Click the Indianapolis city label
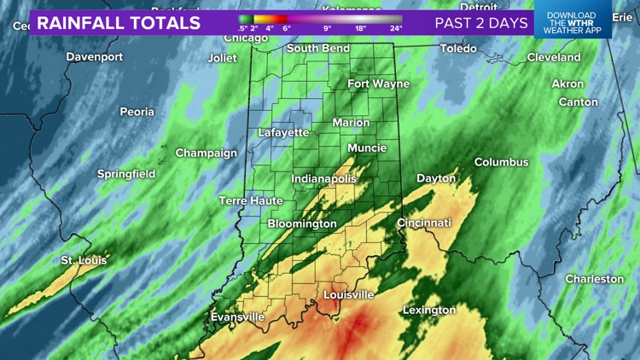[323, 179]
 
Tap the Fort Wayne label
[378, 84]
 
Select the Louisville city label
[348, 294]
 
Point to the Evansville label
[237, 317]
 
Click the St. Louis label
[84, 260]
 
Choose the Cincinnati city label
[424, 223]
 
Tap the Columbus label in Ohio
[501, 162]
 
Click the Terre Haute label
[251, 201]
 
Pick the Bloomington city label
[302, 224]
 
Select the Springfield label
[126, 174]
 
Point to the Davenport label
[95, 57]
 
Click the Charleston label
[595, 279]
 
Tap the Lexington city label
[429, 310]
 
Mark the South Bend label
[317, 49]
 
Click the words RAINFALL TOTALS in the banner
[119, 23]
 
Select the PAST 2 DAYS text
[481, 23]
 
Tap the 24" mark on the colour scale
[395, 28]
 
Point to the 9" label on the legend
[327, 28]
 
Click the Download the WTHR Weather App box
[573, 23]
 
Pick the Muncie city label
[367, 148]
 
